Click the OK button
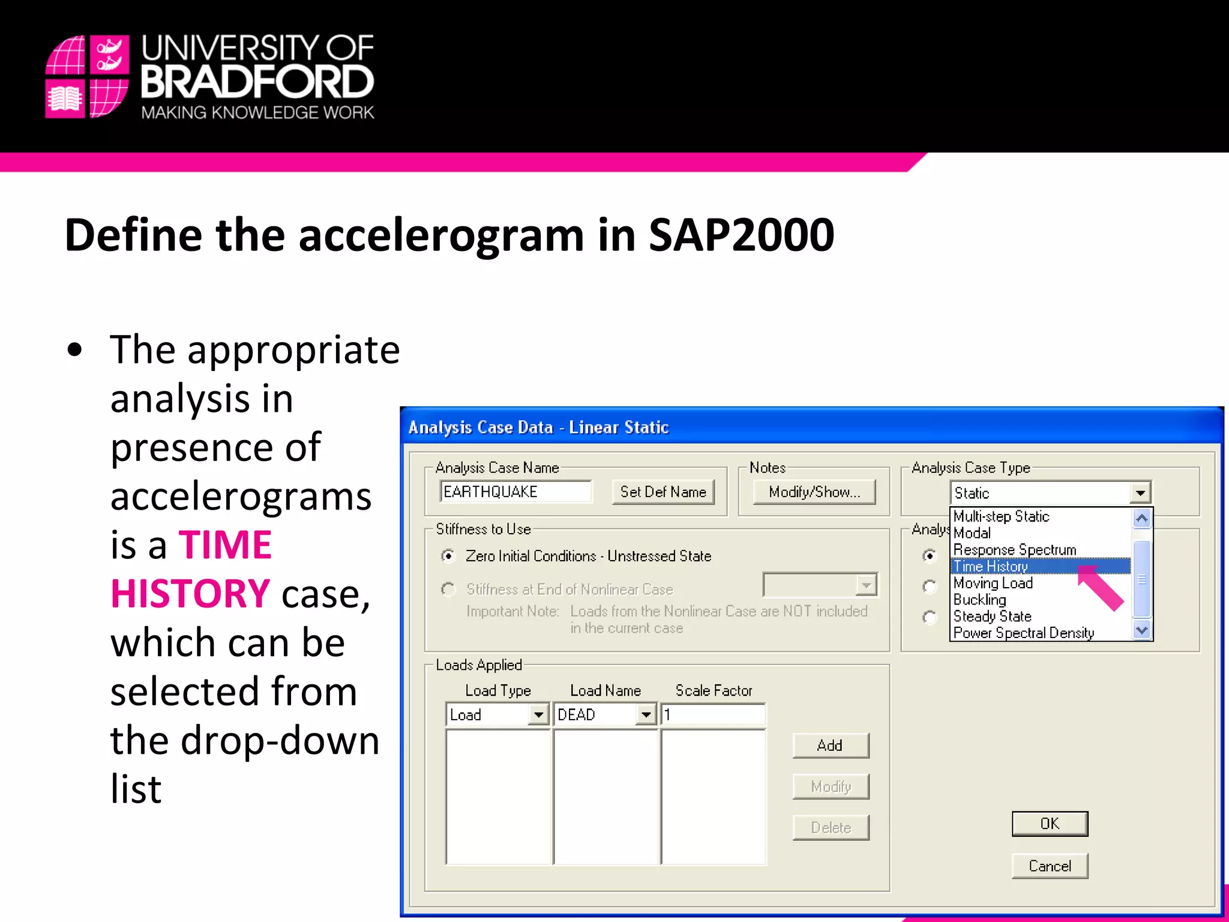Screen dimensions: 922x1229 click(x=1049, y=824)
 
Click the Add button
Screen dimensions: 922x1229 click(x=830, y=746)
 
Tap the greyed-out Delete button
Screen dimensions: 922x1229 click(x=831, y=828)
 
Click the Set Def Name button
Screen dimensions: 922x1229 click(x=663, y=492)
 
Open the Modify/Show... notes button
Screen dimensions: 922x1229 click(x=814, y=492)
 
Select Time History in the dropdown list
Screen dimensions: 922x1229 click(x=991, y=566)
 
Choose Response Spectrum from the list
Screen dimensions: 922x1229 click(x=1014, y=550)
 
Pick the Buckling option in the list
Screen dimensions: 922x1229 click(x=979, y=600)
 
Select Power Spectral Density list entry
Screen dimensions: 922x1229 click(x=1023, y=633)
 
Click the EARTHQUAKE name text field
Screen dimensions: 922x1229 click(x=515, y=492)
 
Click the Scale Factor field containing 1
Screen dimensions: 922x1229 click(x=713, y=715)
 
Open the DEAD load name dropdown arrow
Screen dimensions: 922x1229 click(x=646, y=715)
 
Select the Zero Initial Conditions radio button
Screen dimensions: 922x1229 click(x=448, y=556)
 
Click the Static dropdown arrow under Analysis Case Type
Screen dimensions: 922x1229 click(x=1140, y=493)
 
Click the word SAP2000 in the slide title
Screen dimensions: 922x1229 click(x=741, y=235)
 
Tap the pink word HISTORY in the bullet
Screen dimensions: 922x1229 click(x=190, y=594)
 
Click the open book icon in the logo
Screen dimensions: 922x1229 click(x=65, y=98)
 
